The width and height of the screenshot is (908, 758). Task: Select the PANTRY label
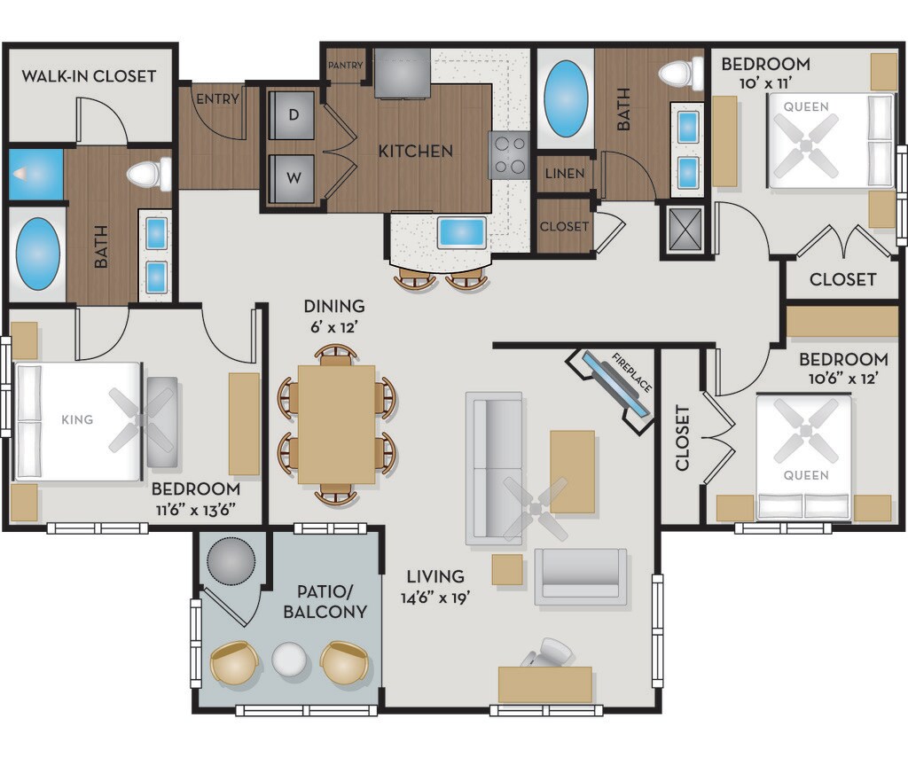(346, 66)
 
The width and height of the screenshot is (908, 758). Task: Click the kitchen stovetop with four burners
(509, 154)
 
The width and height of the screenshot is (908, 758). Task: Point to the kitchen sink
(461, 233)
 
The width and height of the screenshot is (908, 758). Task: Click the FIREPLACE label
(631, 373)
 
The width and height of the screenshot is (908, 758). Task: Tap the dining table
(336, 424)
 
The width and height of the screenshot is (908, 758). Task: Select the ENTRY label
(218, 99)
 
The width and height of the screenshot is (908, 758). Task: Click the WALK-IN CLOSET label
(90, 76)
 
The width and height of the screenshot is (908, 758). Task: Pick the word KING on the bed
(77, 419)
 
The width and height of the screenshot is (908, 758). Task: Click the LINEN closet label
(565, 173)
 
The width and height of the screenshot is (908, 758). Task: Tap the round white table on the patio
(288, 659)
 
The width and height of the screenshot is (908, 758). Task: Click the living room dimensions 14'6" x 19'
(434, 597)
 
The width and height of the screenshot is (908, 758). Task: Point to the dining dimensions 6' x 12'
(334, 327)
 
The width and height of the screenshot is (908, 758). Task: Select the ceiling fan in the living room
(535, 508)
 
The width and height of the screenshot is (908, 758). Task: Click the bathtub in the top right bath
(566, 98)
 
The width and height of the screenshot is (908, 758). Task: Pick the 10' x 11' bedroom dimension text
(765, 83)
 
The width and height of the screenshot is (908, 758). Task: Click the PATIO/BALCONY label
(325, 602)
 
